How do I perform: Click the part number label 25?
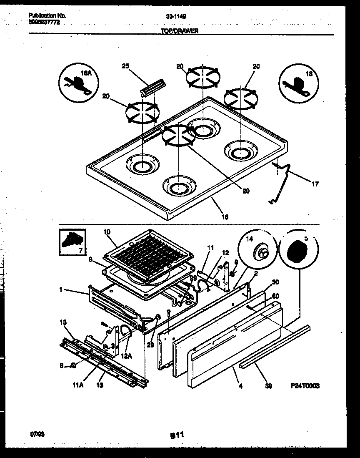point(126,66)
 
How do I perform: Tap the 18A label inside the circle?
point(85,73)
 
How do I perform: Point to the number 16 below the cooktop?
point(225,216)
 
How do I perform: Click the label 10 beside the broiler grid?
point(106,231)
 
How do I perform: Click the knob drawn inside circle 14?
point(262,252)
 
